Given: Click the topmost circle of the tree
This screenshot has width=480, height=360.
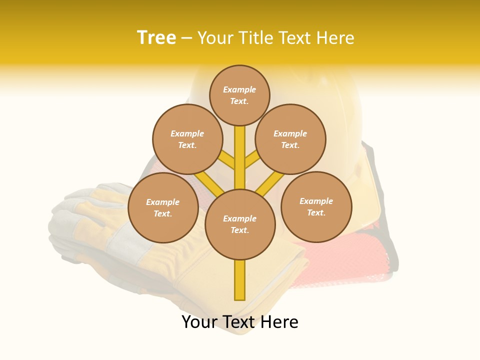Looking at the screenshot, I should tap(239, 95).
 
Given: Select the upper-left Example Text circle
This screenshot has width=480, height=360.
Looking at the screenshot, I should tap(187, 139).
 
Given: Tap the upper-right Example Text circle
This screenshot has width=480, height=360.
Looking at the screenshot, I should tap(290, 139).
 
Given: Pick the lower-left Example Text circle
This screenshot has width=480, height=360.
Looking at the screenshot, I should tap(163, 207).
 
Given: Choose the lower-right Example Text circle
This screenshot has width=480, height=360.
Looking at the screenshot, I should tap(316, 206).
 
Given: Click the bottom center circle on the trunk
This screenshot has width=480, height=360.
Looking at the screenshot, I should tap(240, 224).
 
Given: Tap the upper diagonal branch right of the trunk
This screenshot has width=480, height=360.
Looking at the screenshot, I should tap(252, 160).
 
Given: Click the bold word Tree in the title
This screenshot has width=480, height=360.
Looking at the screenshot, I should tap(156, 37).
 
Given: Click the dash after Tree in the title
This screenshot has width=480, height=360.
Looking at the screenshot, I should tap(186, 38).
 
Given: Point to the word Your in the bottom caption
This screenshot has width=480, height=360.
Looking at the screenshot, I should tap(199, 322).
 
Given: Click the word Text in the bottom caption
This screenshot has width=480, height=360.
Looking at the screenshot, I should tap(239, 322).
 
